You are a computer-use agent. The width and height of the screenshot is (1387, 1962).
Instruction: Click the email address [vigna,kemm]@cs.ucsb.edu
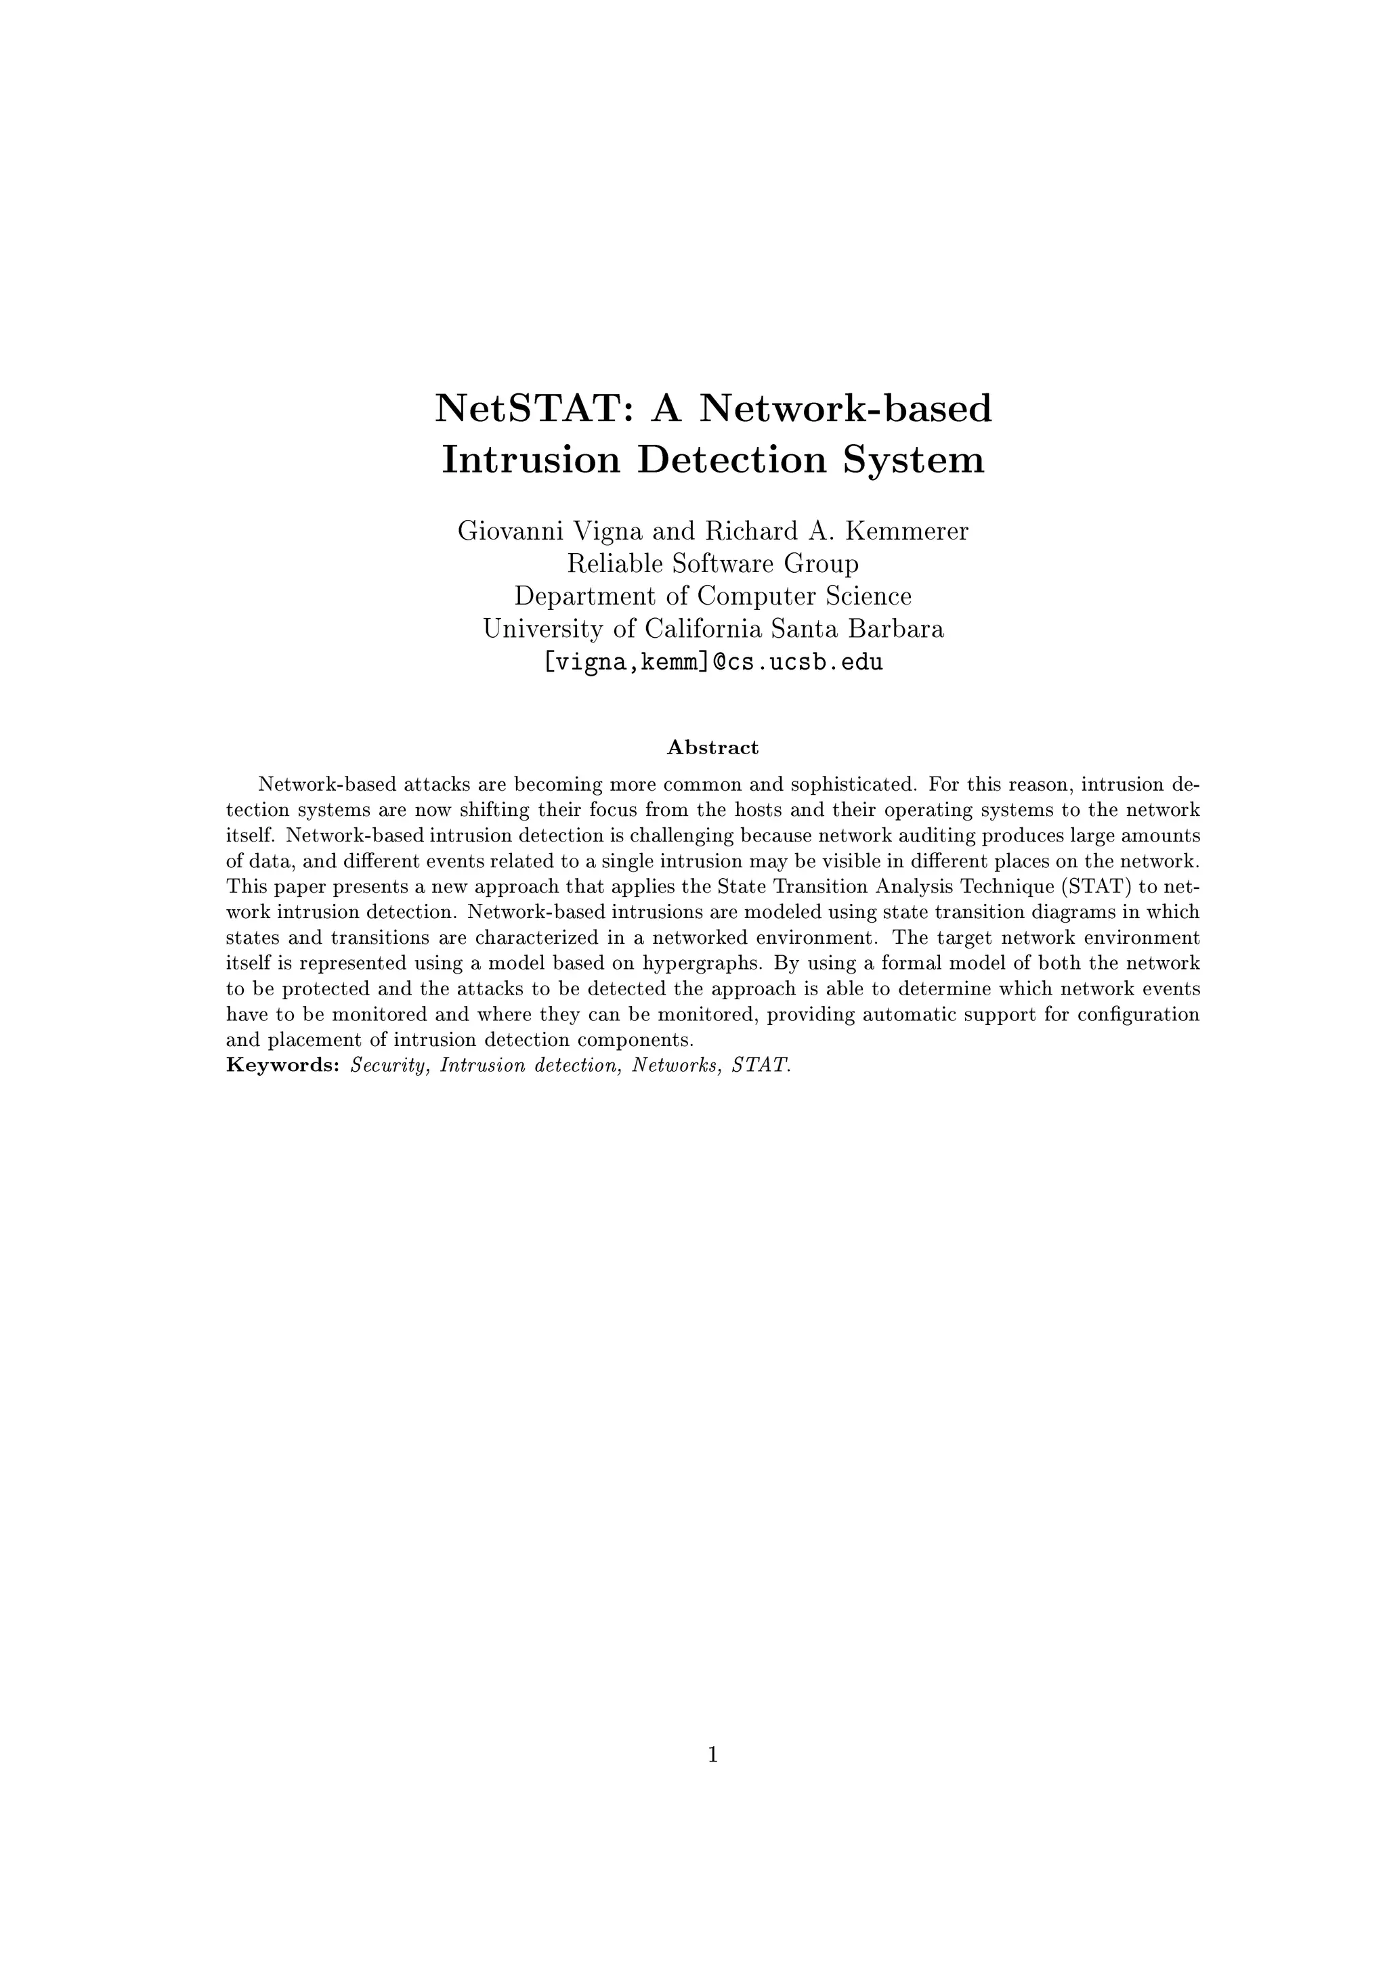click(x=712, y=661)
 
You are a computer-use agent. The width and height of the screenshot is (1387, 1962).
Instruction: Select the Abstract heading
click(x=712, y=747)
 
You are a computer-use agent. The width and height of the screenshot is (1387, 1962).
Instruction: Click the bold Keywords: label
click(x=284, y=1066)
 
